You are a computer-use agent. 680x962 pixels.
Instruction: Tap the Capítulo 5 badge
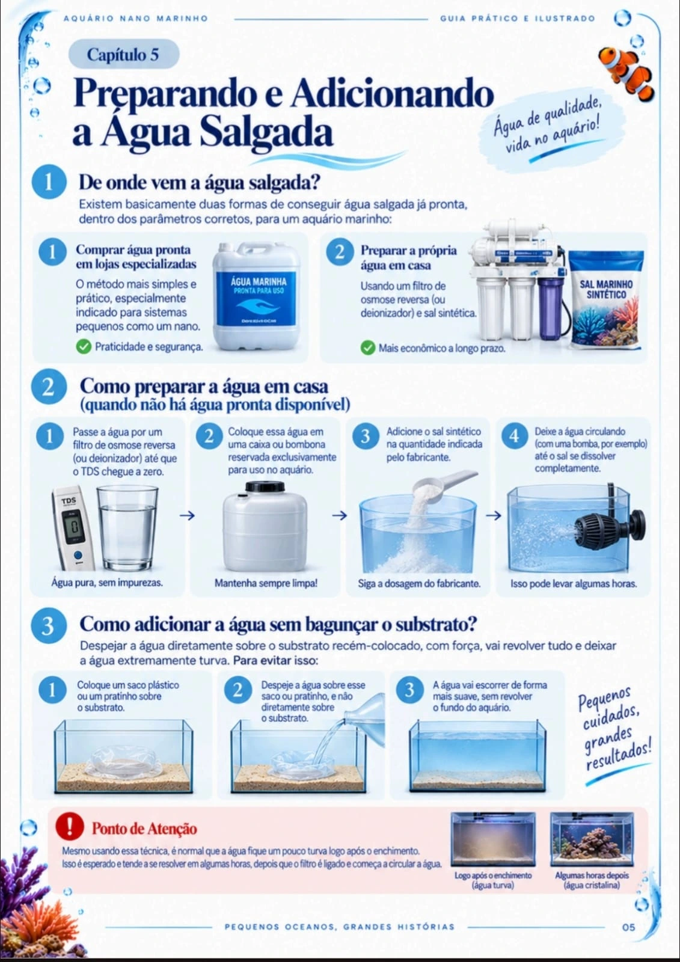[x=124, y=55]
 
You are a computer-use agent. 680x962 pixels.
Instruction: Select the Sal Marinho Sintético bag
[x=607, y=300]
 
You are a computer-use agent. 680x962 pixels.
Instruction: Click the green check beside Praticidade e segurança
[x=84, y=346]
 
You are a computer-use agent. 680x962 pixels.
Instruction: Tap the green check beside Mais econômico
[x=368, y=348]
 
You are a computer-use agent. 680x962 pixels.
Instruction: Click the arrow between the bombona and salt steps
[x=339, y=515]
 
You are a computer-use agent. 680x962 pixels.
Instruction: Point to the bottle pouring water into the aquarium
[x=365, y=711]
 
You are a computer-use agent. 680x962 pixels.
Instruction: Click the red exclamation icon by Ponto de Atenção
[x=70, y=826]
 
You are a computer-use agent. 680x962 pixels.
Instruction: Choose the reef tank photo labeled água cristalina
[x=592, y=839]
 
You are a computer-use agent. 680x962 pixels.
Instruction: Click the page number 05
[x=628, y=927]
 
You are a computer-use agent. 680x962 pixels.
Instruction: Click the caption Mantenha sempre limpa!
[x=266, y=583]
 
